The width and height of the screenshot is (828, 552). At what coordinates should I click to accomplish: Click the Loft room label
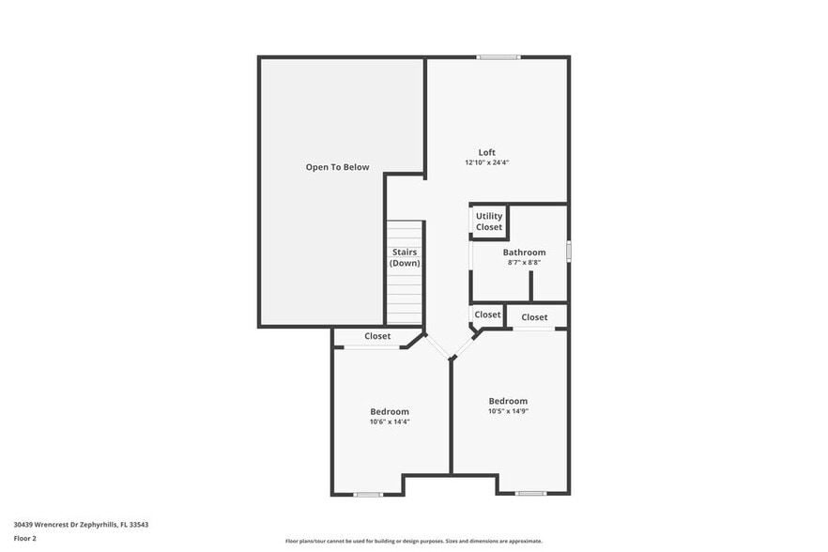pos(486,152)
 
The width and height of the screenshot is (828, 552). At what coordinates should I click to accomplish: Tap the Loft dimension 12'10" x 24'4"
pos(486,162)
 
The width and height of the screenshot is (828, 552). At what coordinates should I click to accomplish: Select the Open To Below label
pos(337,167)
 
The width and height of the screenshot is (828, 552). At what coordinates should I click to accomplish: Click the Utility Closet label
pos(489,222)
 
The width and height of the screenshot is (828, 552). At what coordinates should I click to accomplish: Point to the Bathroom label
pos(524,252)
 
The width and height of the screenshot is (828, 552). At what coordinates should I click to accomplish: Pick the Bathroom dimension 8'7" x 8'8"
pos(524,262)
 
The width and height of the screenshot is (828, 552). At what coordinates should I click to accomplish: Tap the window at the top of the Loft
pos(498,57)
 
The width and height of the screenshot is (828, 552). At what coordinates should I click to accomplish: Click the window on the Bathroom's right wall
pos(568,252)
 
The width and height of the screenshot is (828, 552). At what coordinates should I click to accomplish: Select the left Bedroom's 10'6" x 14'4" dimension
pos(390,422)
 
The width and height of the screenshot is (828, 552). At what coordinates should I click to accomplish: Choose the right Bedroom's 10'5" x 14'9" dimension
pos(508,410)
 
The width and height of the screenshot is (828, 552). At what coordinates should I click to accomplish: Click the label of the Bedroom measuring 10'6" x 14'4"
pos(390,411)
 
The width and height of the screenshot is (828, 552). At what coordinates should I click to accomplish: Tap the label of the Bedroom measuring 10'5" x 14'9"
pos(508,401)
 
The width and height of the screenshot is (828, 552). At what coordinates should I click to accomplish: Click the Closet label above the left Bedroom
pos(377,336)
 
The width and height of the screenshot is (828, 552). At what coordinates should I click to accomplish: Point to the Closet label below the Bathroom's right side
pos(534,317)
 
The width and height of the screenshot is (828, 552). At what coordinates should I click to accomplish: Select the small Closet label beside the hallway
pos(487,314)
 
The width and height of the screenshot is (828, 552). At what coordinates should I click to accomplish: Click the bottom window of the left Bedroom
pos(368,494)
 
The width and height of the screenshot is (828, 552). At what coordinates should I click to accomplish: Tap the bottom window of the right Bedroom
pos(530,493)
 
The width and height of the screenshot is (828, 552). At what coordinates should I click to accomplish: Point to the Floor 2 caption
pos(25,539)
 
